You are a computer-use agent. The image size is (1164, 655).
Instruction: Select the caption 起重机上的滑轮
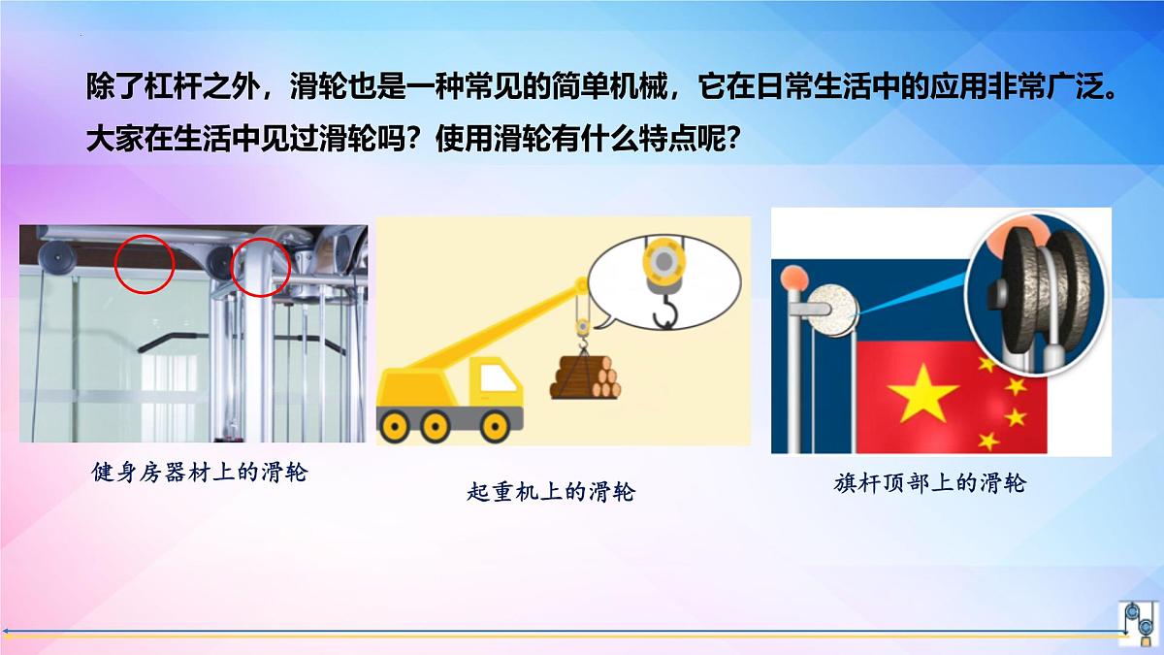point(550,492)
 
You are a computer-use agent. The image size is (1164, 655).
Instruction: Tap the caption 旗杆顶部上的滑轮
point(929,482)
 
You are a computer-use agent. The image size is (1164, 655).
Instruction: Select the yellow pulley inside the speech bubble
point(663,263)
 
